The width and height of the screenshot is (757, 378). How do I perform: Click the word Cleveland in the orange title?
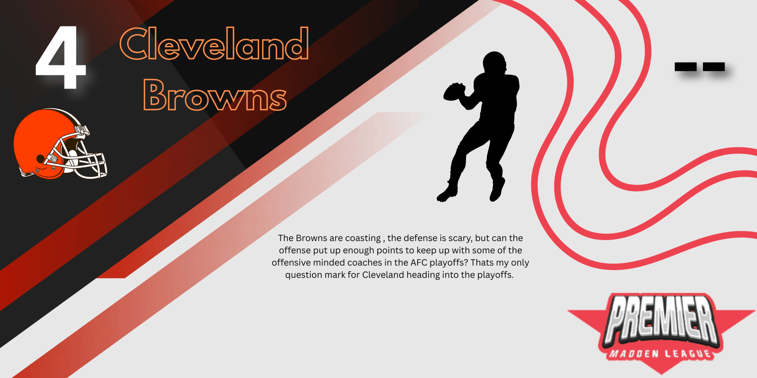214,44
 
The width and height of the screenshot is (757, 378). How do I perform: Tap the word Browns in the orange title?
215,94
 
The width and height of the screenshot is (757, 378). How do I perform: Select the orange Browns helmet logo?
60,144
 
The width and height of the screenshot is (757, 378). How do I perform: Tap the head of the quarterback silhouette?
494,62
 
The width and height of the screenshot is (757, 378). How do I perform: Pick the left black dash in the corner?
686,67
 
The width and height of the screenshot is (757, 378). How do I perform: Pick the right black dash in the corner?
714,67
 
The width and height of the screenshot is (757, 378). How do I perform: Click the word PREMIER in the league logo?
661,320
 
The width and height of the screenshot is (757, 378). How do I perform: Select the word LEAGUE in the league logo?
688,354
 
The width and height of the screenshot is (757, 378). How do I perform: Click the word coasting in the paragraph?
363,238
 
